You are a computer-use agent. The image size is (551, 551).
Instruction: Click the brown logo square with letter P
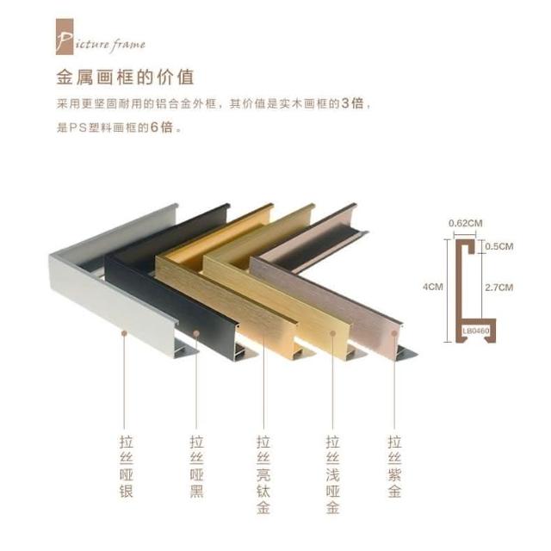pyautogui.click(x=65, y=36)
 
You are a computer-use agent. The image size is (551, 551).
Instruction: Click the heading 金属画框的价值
pyautogui.click(x=125, y=77)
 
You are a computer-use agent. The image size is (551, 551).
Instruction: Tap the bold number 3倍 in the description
pyautogui.click(x=352, y=103)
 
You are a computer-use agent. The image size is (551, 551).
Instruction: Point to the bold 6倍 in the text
pyautogui.click(x=162, y=127)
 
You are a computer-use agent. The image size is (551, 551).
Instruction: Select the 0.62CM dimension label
pyautogui.click(x=465, y=223)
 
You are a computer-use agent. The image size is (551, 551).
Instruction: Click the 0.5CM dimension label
pyautogui.click(x=499, y=246)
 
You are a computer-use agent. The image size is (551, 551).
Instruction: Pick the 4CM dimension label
pyautogui.click(x=432, y=287)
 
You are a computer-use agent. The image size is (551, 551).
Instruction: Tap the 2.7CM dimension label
pyautogui.click(x=499, y=288)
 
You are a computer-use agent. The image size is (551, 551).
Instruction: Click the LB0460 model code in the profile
pyautogui.click(x=476, y=331)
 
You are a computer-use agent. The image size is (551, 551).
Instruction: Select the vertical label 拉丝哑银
pyautogui.click(x=127, y=467)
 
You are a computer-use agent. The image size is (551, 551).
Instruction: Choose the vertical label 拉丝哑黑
pyautogui.click(x=197, y=467)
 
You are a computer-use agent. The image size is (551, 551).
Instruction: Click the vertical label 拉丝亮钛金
pyautogui.click(x=263, y=474)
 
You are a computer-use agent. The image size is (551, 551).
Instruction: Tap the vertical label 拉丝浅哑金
pyautogui.click(x=332, y=474)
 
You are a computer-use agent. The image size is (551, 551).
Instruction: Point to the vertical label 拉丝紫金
pyautogui.click(x=394, y=467)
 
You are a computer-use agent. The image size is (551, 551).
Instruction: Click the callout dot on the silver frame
pyautogui.click(x=124, y=333)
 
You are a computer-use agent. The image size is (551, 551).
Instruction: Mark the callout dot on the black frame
pyautogui.click(x=196, y=333)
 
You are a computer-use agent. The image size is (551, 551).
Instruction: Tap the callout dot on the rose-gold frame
pyautogui.click(x=394, y=333)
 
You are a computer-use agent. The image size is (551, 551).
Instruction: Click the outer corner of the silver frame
pyautogui.click(x=50, y=256)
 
